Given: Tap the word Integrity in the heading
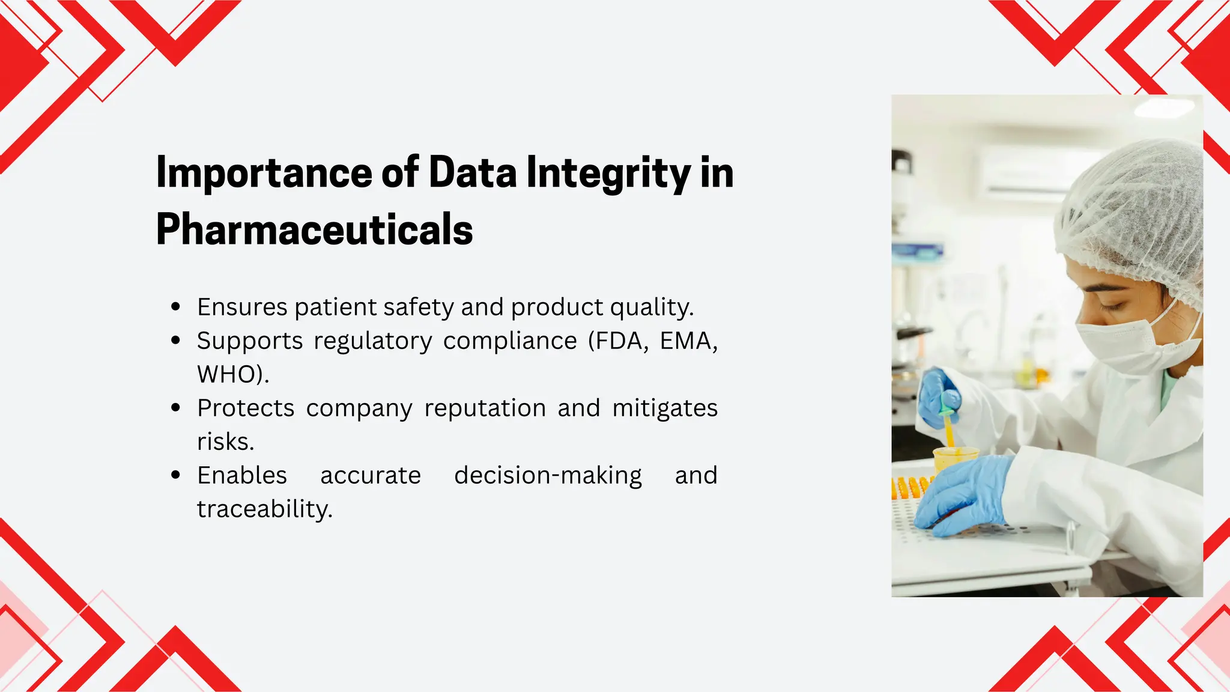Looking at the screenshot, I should (608, 173).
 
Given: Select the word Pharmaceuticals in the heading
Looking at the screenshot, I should (314, 229).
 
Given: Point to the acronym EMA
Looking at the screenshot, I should (688, 341).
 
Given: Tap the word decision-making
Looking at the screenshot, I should (548, 476).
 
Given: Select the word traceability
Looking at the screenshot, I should (264, 509).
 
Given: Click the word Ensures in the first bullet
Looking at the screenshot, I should (242, 308).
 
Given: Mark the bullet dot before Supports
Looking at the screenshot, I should (175, 341).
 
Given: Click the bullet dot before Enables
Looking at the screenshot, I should (175, 475).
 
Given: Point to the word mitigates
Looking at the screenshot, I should (665, 408).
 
